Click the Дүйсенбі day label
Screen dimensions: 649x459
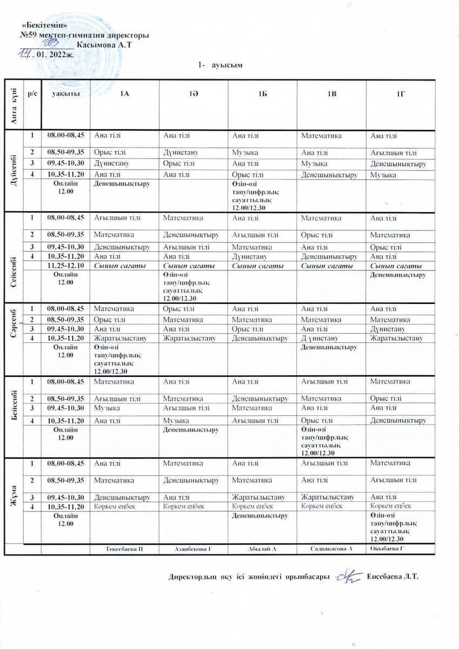tap(13, 170)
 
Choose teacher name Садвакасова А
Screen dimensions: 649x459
tap(331, 549)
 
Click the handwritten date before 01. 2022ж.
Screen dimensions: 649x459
tap(25, 54)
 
